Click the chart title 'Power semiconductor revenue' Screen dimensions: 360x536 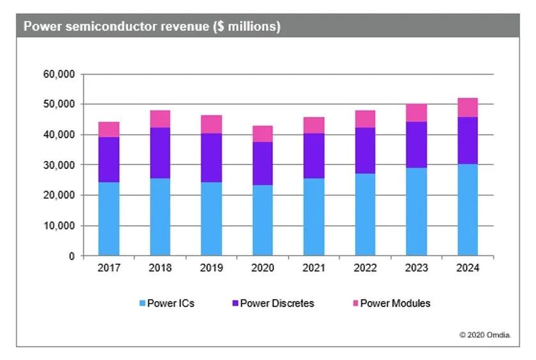coord(151,27)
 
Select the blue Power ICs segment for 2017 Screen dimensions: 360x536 coord(109,219)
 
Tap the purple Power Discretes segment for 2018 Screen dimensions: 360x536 coord(160,153)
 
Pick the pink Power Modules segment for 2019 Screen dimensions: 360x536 coord(211,124)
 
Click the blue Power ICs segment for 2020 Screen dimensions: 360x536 coord(263,221)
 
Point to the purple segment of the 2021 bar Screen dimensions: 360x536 coord(314,155)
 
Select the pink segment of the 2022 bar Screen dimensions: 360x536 coord(365,119)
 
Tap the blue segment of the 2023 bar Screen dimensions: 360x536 coord(417,212)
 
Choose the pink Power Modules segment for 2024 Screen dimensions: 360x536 coord(468,107)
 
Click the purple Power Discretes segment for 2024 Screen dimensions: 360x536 coord(468,141)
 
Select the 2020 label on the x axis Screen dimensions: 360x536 coord(263,269)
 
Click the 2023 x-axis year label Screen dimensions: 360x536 coord(417,269)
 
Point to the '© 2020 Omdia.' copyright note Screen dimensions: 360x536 coord(485,334)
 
